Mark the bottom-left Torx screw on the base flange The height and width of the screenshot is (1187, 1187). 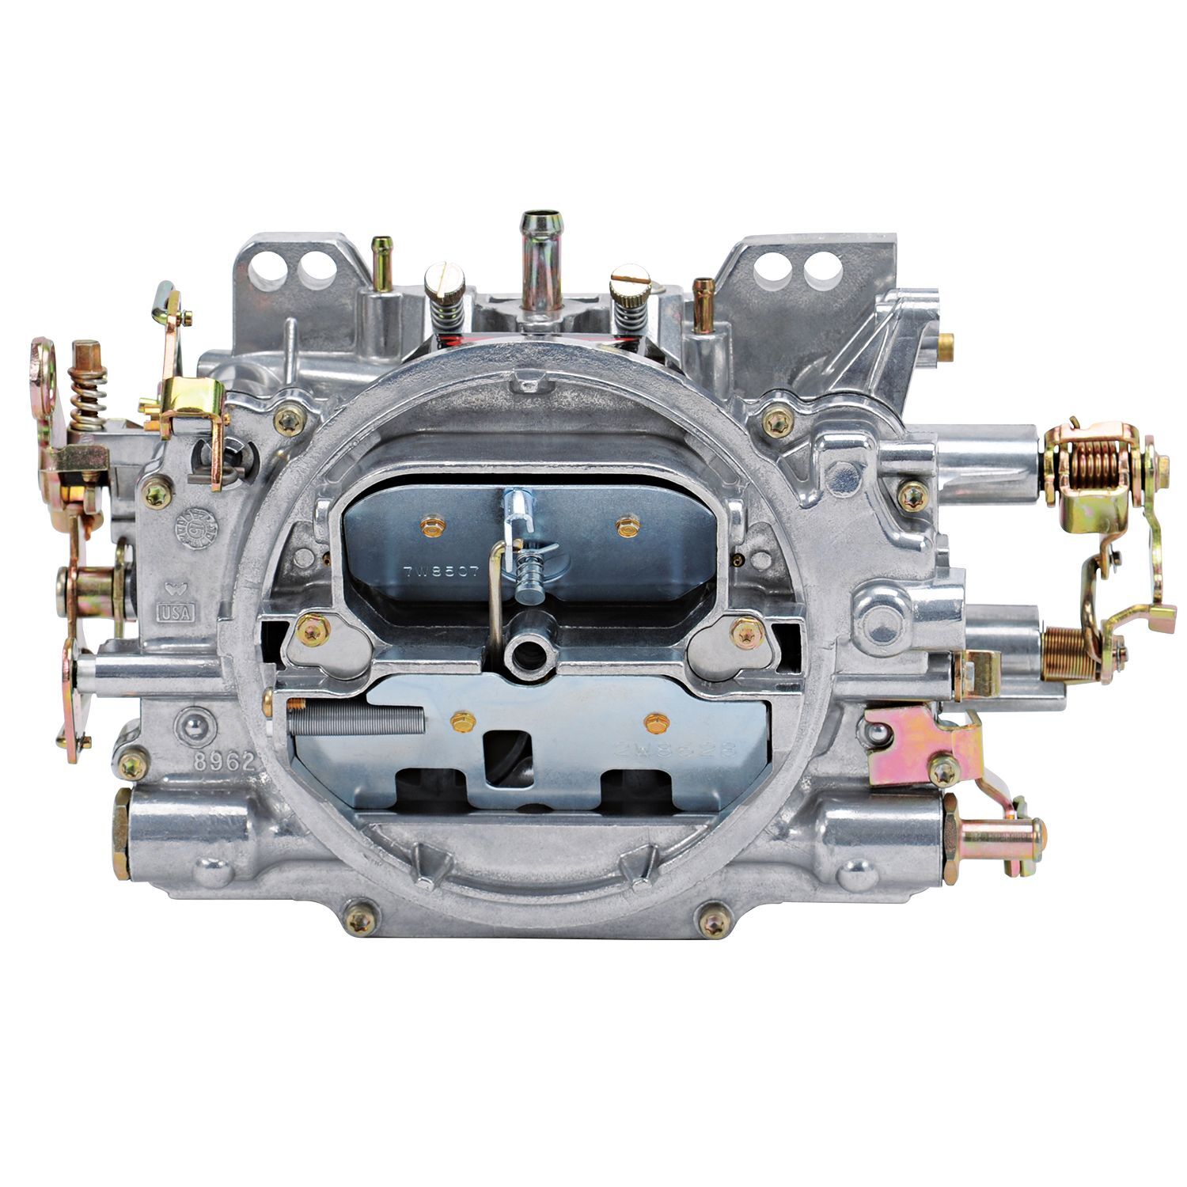point(360,920)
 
